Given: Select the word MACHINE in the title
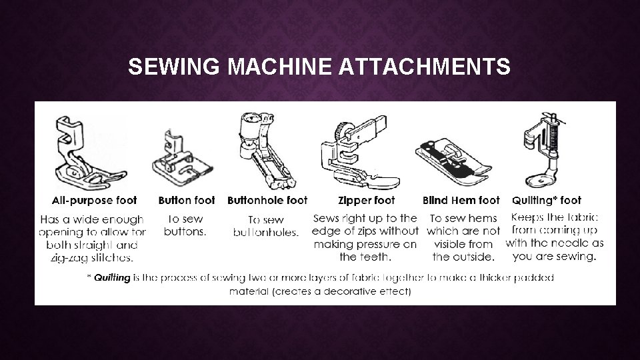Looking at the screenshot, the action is [x=279, y=66].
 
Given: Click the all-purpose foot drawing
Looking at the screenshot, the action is [x=91, y=153].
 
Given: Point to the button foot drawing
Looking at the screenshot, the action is [x=183, y=159].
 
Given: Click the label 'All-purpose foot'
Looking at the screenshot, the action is [x=94, y=201].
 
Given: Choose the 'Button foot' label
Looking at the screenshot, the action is [x=187, y=201].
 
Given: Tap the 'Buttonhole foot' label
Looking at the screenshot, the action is [x=267, y=201].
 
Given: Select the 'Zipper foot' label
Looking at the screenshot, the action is [x=367, y=201].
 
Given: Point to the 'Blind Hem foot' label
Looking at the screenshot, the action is [x=461, y=201].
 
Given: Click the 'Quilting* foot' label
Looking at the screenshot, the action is [x=547, y=201].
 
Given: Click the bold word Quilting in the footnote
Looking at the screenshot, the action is [x=112, y=278].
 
